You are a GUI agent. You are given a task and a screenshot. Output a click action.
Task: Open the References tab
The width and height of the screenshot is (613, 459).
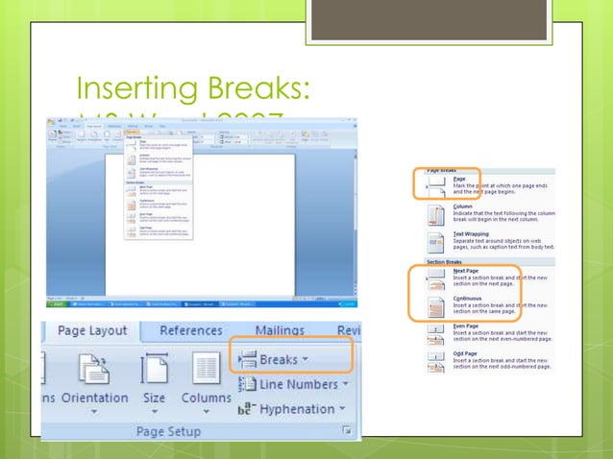point(190,331)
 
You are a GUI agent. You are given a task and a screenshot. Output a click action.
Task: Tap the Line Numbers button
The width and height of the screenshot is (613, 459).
point(299,384)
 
